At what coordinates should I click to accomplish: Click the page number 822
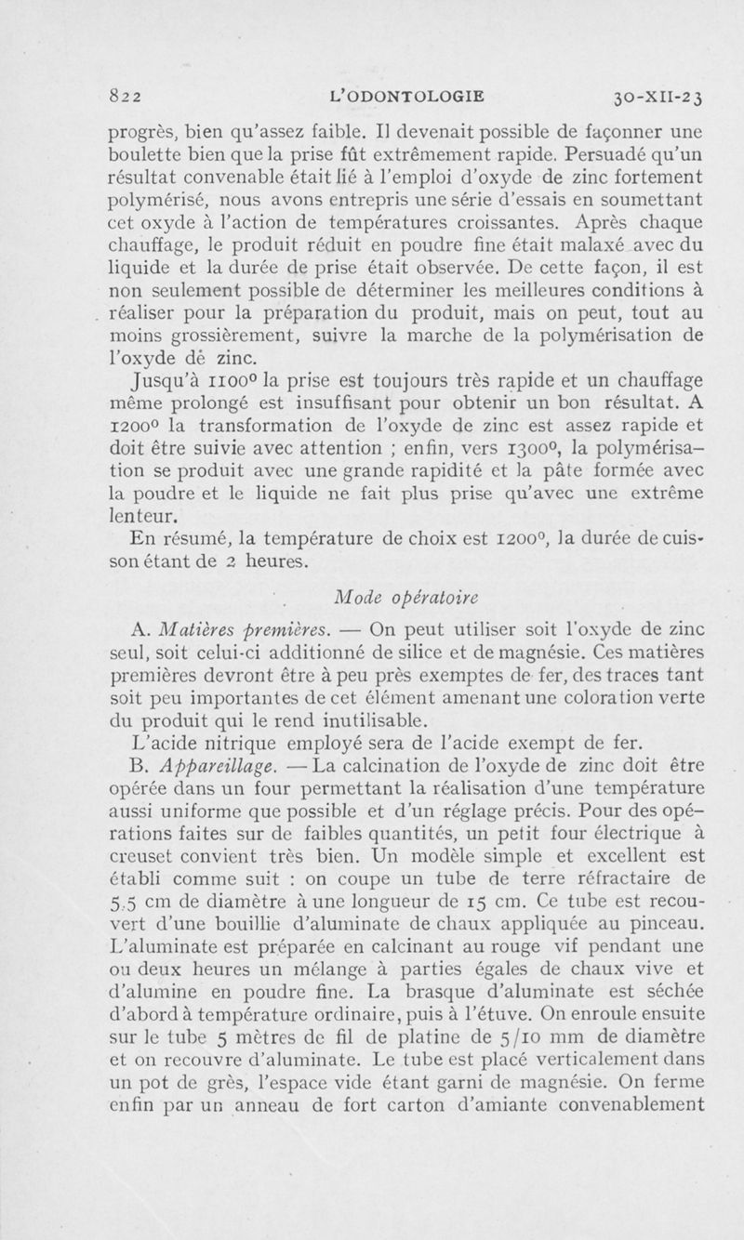point(124,96)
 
